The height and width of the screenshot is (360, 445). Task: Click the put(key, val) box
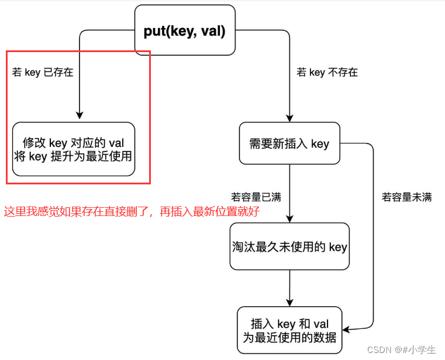(x=184, y=30)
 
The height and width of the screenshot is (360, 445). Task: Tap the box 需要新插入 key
(x=289, y=143)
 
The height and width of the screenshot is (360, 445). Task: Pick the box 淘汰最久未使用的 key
(x=289, y=246)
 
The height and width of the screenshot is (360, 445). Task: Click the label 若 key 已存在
(x=43, y=73)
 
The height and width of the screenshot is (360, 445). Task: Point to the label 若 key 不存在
(x=327, y=73)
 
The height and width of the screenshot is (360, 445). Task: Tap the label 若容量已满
(x=256, y=197)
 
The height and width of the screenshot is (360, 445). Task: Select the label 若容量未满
(x=407, y=197)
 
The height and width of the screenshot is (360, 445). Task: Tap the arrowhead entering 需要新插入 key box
(x=289, y=117)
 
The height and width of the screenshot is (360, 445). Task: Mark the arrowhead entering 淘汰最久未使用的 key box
(x=289, y=218)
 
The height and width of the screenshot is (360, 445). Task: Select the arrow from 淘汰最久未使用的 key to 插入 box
(x=289, y=288)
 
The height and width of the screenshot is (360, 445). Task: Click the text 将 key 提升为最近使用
(x=73, y=156)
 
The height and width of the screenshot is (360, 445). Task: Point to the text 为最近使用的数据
(x=289, y=337)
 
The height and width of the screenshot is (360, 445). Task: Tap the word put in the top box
(x=154, y=31)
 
